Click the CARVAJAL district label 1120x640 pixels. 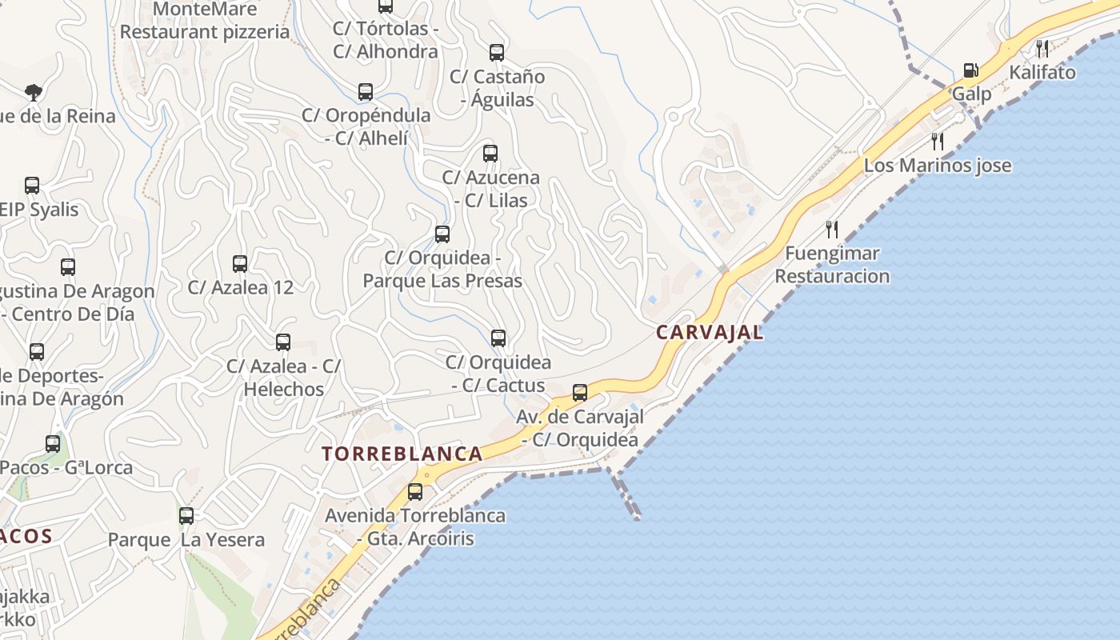(x=710, y=332)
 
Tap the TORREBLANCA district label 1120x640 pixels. (x=402, y=454)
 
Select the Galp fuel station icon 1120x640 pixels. (x=970, y=70)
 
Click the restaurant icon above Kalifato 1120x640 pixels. (x=1042, y=48)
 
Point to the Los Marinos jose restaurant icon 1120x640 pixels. (x=938, y=142)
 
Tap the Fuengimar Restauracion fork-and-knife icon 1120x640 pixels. (x=832, y=230)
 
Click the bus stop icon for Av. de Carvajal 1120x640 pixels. (x=580, y=393)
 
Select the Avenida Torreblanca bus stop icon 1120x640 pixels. (x=415, y=492)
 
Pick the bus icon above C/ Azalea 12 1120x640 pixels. (x=240, y=263)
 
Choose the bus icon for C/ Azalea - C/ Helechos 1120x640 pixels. (x=283, y=342)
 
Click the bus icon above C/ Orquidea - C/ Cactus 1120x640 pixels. (x=498, y=338)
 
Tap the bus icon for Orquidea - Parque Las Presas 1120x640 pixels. (x=442, y=234)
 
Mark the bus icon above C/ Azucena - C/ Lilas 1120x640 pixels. (x=490, y=154)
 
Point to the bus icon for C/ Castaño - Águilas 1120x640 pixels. (x=497, y=53)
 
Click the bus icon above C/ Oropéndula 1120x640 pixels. (x=366, y=92)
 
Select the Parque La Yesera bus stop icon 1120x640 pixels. (x=186, y=516)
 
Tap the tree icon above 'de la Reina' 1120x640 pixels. (x=33, y=92)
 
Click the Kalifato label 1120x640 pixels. (x=1042, y=73)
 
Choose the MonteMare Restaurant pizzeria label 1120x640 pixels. (x=206, y=21)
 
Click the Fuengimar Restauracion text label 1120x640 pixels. (x=832, y=265)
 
